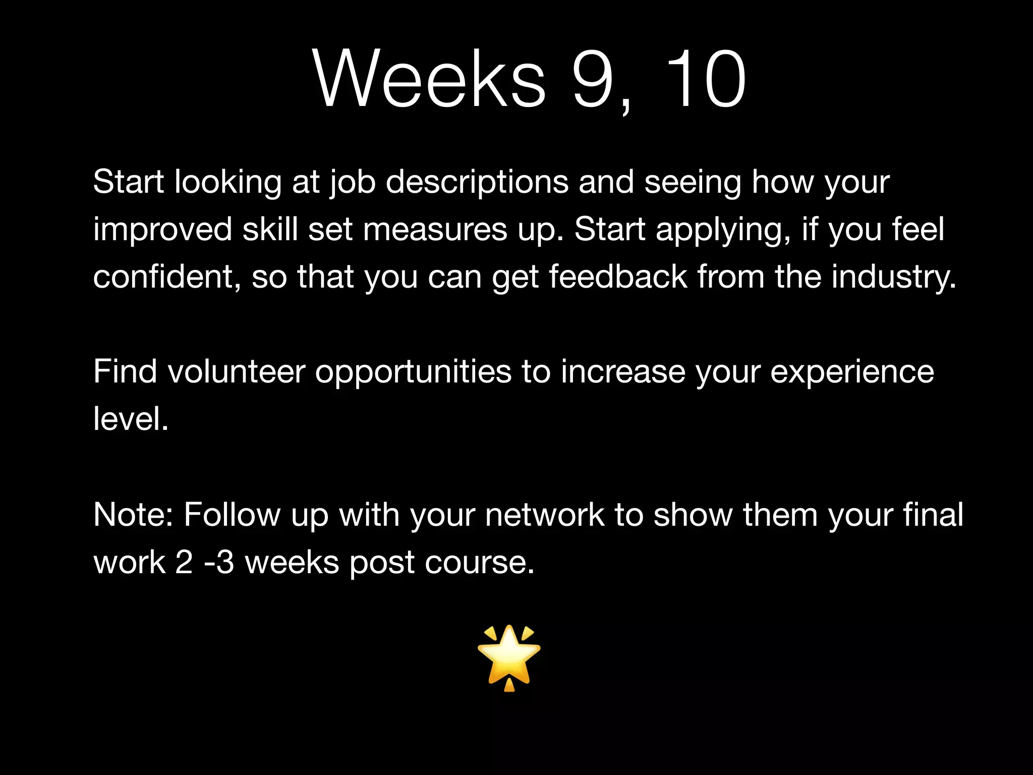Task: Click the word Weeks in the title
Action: pos(429,80)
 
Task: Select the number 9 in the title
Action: pos(595,80)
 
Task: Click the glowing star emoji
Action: pos(509,657)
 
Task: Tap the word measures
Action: pos(435,230)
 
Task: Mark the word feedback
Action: pos(618,277)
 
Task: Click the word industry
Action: pos(893,277)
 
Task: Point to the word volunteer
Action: pos(237,372)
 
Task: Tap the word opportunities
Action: pos(413,372)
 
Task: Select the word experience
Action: pos(852,372)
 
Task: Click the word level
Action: pos(130,419)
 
